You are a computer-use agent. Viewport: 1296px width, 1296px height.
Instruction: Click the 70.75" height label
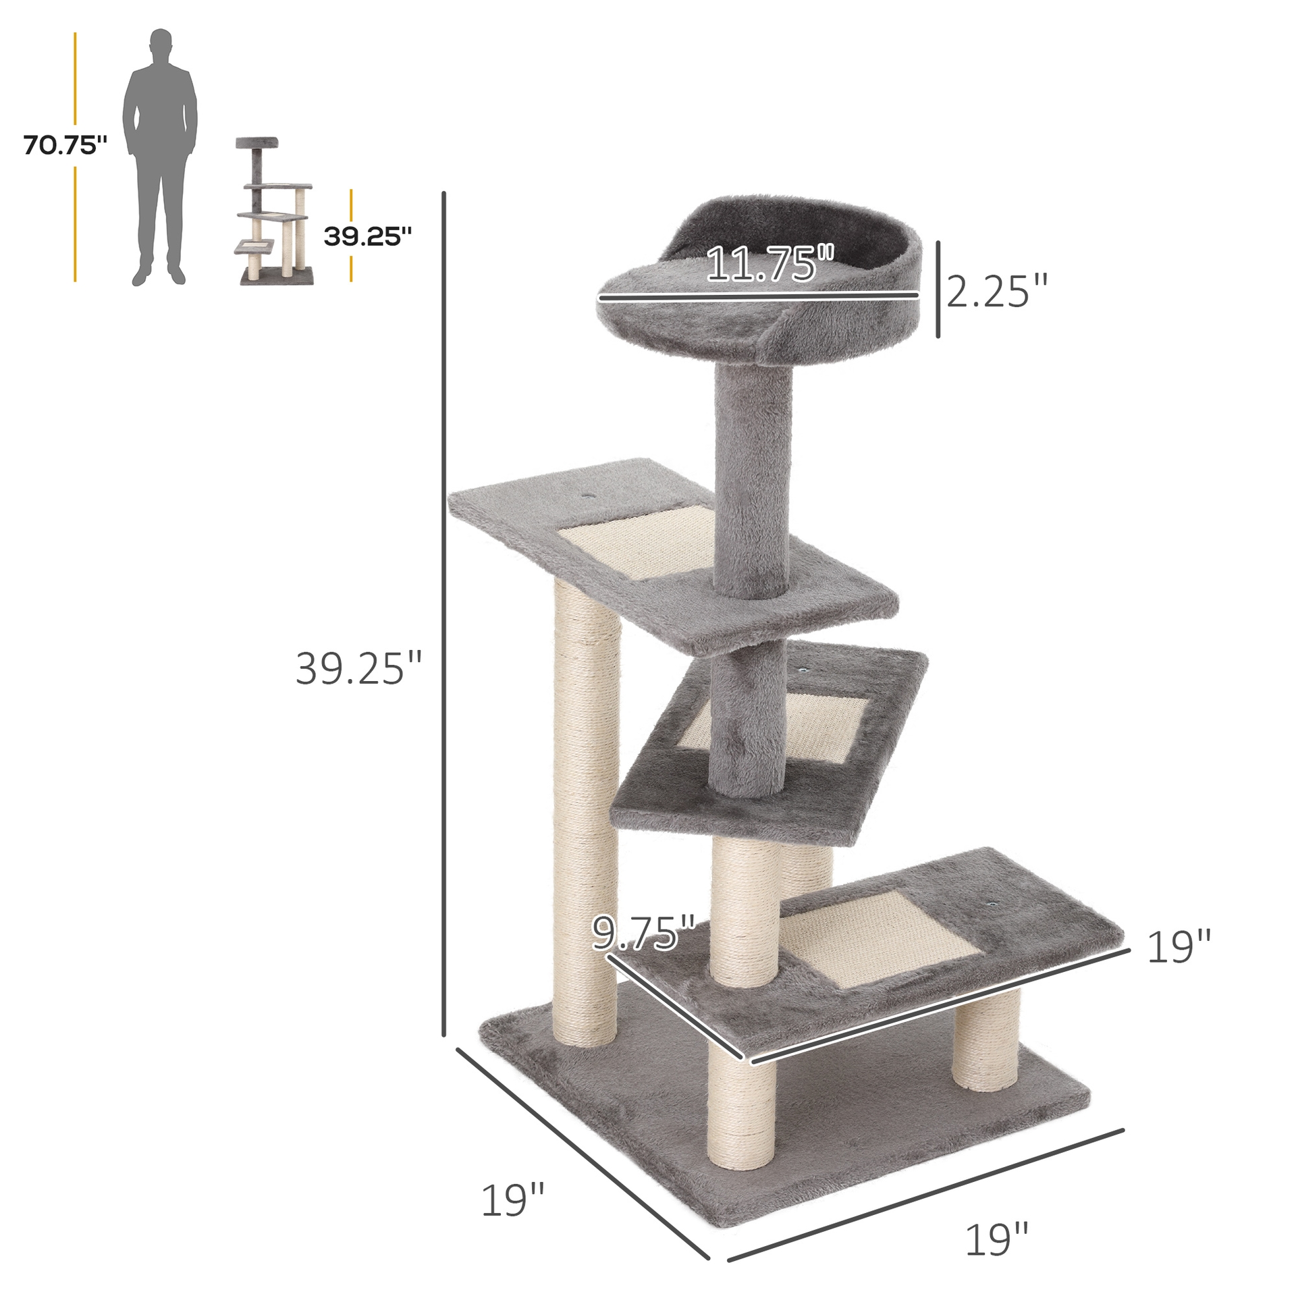[65, 145]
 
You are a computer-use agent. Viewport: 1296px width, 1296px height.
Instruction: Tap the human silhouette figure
[160, 155]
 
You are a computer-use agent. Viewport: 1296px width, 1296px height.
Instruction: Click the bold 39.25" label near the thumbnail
[367, 236]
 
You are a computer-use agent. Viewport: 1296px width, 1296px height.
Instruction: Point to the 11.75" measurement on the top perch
[770, 264]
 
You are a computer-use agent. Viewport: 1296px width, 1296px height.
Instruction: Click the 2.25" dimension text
[996, 292]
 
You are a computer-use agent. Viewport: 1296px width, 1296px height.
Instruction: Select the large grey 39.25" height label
[358, 669]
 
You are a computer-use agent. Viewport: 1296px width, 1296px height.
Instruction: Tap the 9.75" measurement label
[643, 934]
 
